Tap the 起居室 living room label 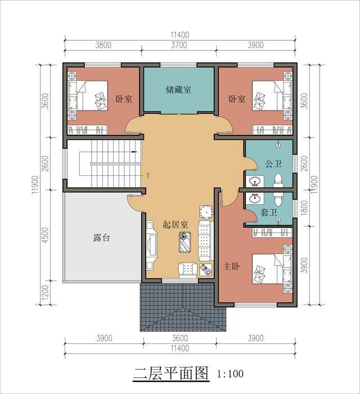point(175,224)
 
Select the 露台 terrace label point(102,238)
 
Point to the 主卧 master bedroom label point(232,266)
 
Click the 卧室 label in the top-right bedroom point(237,99)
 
